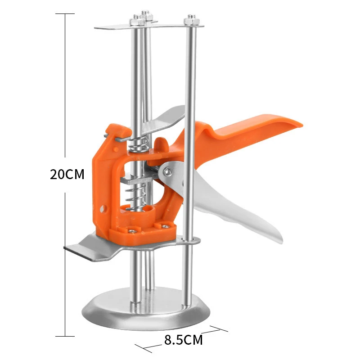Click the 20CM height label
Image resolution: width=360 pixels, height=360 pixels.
67,174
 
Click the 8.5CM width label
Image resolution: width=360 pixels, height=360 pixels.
184,340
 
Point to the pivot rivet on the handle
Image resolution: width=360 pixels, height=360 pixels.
168,171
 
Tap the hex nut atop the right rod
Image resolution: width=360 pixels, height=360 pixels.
191,20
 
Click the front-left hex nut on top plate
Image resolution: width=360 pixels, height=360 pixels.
137,21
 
